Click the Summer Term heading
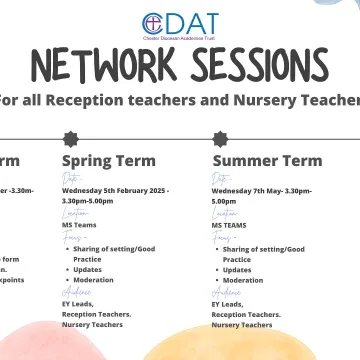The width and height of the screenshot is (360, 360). pyautogui.click(x=267, y=161)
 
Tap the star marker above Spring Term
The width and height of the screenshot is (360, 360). pyautogui.click(x=69, y=138)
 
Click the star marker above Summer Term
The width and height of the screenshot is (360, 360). pyautogui.click(x=219, y=138)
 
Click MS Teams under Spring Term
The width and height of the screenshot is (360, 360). pyautogui.click(x=79, y=226)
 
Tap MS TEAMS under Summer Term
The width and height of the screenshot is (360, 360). pyautogui.click(x=229, y=226)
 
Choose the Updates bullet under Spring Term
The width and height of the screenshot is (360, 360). pyautogui.click(x=88, y=269)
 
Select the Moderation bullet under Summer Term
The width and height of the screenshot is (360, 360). pyautogui.click(x=243, y=281)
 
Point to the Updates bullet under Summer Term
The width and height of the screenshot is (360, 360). pyautogui.click(x=238, y=269)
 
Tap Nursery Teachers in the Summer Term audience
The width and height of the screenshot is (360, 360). pyautogui.click(x=241, y=325)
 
